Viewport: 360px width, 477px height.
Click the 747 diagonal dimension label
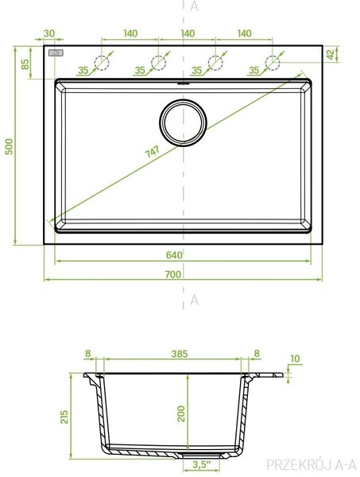pyautogui.click(x=152, y=151)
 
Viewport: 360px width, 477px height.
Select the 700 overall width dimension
pyautogui.click(x=173, y=274)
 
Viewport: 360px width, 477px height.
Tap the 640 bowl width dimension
pyautogui.click(x=174, y=255)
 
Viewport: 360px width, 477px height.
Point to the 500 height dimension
pyautogui.click(x=9, y=146)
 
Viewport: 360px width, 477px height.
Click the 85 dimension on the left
pyautogui.click(x=25, y=64)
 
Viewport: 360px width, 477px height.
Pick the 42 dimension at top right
pyautogui.click(x=331, y=54)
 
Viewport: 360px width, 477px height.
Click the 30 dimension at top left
pyautogui.click(x=49, y=33)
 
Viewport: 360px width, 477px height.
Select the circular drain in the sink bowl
pyautogui.click(x=183, y=122)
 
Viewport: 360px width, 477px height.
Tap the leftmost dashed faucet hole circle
pyautogui.click(x=102, y=63)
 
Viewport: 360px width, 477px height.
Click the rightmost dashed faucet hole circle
pyautogui.click(x=273, y=63)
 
